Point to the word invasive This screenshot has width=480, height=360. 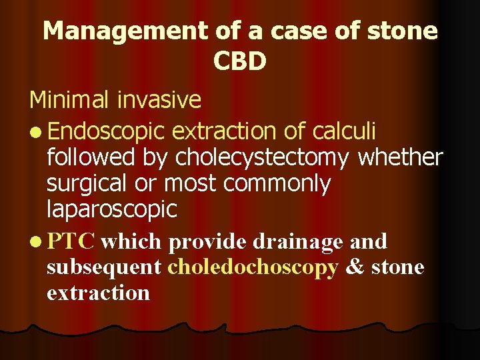pyautogui.click(x=159, y=100)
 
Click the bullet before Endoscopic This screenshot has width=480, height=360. pyautogui.click(x=35, y=129)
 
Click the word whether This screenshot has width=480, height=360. pyautogui.click(x=401, y=157)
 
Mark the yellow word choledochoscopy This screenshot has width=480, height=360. pyautogui.click(x=253, y=267)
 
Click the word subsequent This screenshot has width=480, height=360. pyautogui.click(x=104, y=267)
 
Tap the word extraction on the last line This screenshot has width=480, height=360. pyautogui.click(x=98, y=292)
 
